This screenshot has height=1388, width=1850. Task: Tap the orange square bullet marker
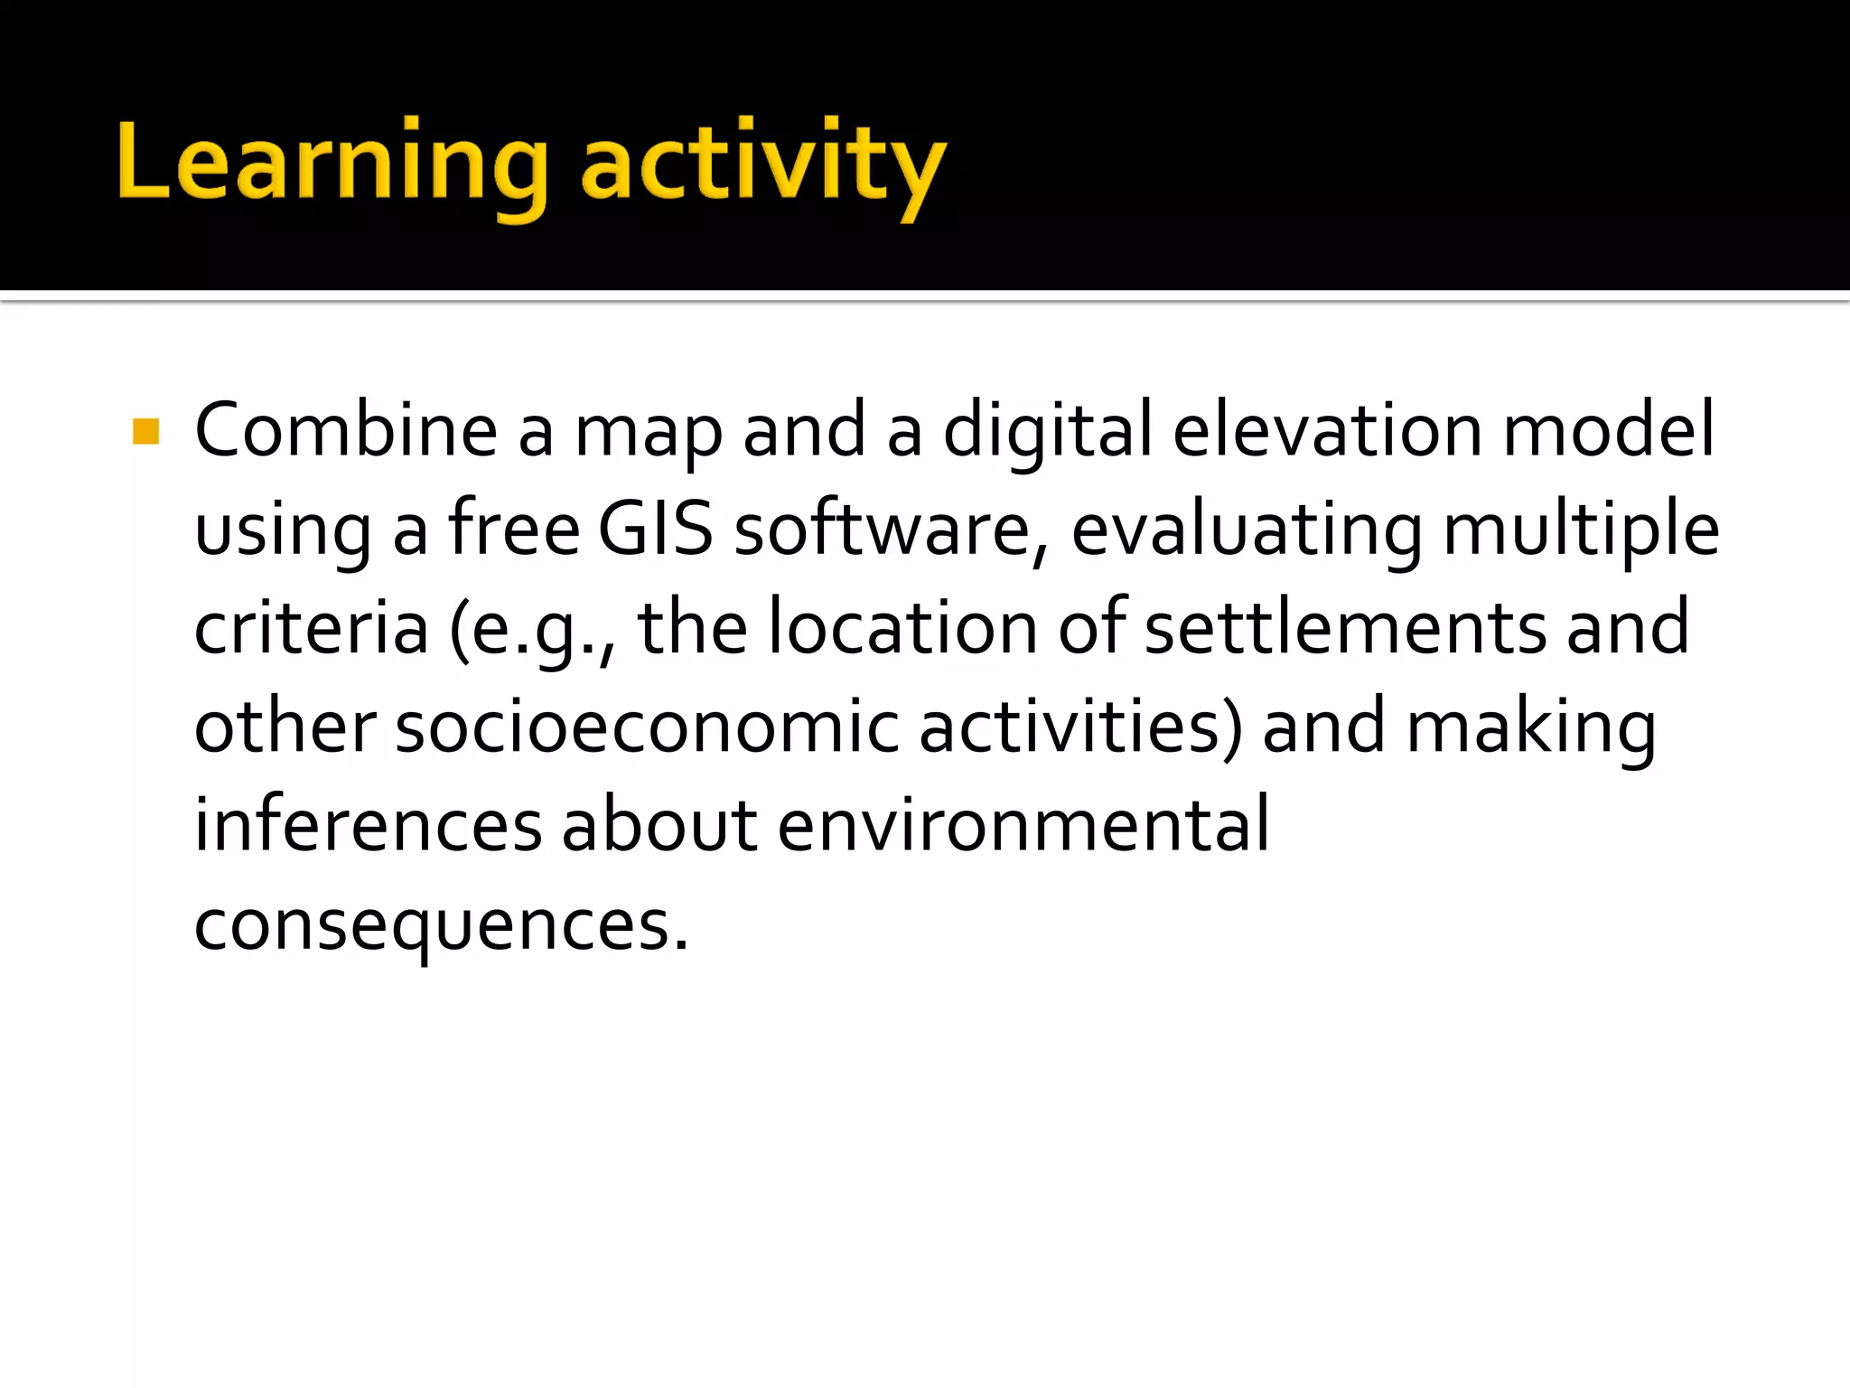pyautogui.click(x=145, y=431)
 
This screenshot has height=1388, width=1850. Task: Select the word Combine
pyautogui.click(x=346, y=430)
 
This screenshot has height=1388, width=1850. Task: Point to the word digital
pyautogui.click(x=1047, y=432)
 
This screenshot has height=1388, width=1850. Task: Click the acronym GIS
pyautogui.click(x=655, y=529)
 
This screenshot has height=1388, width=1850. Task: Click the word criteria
pyautogui.click(x=312, y=628)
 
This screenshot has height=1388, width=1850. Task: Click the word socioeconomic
pyautogui.click(x=647, y=727)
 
